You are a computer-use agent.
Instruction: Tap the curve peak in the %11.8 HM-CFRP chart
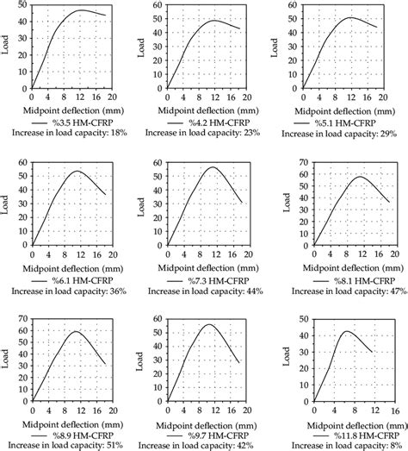pos(348,331)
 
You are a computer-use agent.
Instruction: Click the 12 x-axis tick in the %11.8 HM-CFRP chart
pos(372,410)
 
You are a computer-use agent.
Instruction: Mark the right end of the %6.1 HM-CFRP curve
pos(105,194)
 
